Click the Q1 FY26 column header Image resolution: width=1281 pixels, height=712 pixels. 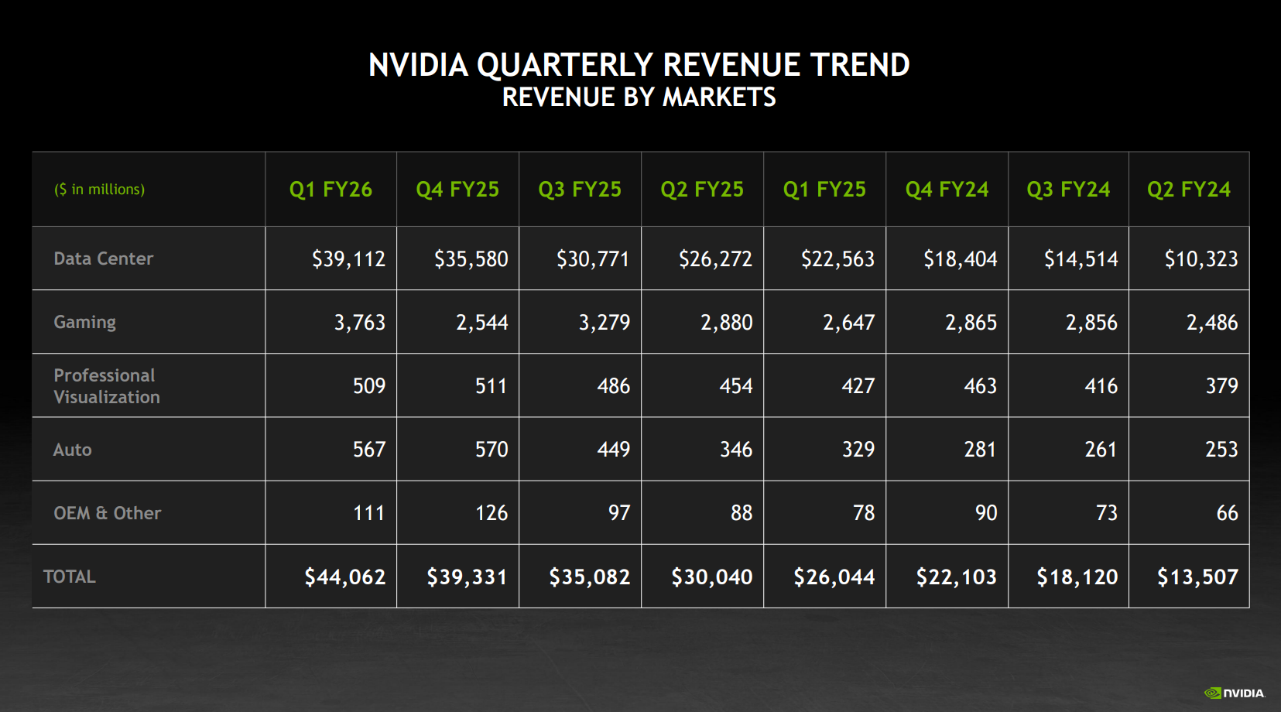pyautogui.click(x=331, y=190)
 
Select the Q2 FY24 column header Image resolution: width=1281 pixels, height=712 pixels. pyautogui.click(x=1189, y=190)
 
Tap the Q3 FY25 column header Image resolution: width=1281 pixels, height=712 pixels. pyautogui.click(x=580, y=190)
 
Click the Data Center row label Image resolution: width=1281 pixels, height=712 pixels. pyautogui.click(x=104, y=258)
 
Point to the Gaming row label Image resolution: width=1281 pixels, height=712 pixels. pyautogui.click(x=84, y=323)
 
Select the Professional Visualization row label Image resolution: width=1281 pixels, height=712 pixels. pyautogui.click(x=107, y=386)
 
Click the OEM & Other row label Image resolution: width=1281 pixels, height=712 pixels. pyautogui.click(x=108, y=513)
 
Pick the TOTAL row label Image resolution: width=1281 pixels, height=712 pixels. pyautogui.click(x=70, y=577)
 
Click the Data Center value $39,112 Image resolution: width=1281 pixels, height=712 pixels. pyautogui.click(x=349, y=259)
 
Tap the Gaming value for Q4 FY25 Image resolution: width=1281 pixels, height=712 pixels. pyautogui.click(x=482, y=323)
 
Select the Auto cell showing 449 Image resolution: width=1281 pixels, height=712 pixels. pyautogui.click(x=614, y=450)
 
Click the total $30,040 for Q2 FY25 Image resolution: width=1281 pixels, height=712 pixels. pyautogui.click(x=712, y=577)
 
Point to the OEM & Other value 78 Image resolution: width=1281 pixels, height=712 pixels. pyautogui.click(x=864, y=513)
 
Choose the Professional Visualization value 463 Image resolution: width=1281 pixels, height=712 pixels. pyautogui.click(x=980, y=386)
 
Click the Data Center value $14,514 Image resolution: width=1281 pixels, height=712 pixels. pyautogui.click(x=1081, y=259)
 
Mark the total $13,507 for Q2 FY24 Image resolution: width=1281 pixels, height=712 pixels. pyautogui.click(x=1198, y=577)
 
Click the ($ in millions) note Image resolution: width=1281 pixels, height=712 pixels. pyautogui.click(x=100, y=190)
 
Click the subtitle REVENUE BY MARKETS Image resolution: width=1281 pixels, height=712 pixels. pyautogui.click(x=639, y=98)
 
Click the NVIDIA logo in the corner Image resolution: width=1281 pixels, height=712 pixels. pyautogui.click(x=1234, y=693)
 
